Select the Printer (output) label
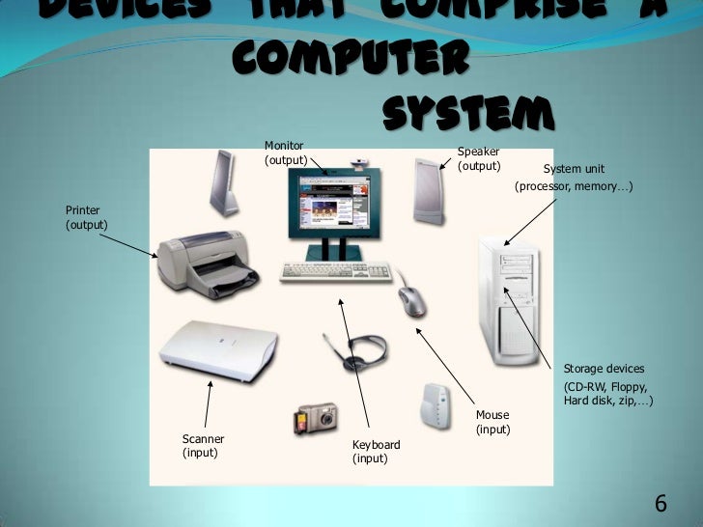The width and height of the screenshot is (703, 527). [x=86, y=217]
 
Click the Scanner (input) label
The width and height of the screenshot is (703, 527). [x=203, y=445]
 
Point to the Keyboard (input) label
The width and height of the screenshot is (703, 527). [x=376, y=452]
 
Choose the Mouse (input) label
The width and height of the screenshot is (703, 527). [x=492, y=422]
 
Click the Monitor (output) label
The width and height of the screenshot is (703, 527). [x=286, y=153]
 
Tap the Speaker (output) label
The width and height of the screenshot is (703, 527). [x=479, y=158]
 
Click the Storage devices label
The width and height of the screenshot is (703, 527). [x=605, y=369]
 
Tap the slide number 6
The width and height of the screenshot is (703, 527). [x=661, y=504]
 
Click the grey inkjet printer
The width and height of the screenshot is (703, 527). [x=206, y=263]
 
